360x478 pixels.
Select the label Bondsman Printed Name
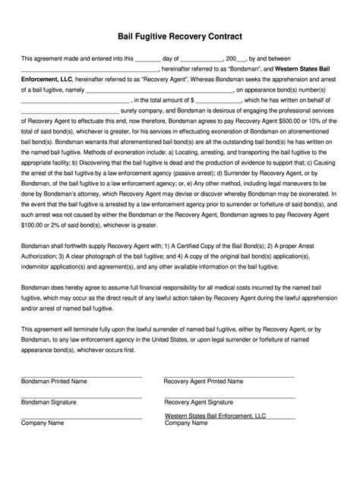[x=54, y=380]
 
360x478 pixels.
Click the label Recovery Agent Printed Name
[x=204, y=380]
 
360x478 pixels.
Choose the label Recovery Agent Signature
[x=201, y=401]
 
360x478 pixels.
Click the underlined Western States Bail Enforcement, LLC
[x=216, y=417]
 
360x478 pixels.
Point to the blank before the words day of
[x=147, y=57]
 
